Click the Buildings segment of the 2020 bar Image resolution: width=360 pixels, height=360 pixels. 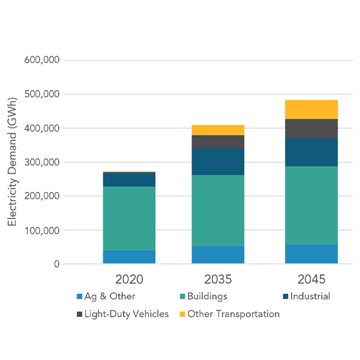[129, 218]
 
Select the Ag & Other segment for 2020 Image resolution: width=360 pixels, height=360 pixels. [129, 257]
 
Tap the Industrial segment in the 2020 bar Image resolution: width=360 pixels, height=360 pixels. [129, 179]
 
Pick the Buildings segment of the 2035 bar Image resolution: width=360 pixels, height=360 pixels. [218, 210]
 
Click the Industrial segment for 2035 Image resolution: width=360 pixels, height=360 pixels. [218, 161]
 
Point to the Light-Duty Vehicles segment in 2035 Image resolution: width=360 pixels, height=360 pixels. [218, 142]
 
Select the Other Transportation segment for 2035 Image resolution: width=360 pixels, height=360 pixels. [218, 130]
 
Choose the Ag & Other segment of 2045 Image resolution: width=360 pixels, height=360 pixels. [311, 254]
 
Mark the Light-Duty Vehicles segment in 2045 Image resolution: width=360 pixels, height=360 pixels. [311, 128]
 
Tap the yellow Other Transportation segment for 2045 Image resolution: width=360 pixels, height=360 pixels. [311, 109]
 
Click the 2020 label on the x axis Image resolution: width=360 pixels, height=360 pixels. [129, 280]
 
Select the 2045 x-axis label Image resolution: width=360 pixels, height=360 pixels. [311, 280]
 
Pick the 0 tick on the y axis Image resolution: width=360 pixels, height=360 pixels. [56, 264]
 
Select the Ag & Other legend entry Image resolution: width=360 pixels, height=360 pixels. [106, 296]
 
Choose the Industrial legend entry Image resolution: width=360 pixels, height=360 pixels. [306, 296]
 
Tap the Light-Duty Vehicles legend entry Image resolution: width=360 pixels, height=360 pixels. [122, 314]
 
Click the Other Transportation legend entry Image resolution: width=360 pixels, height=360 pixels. [229, 314]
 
